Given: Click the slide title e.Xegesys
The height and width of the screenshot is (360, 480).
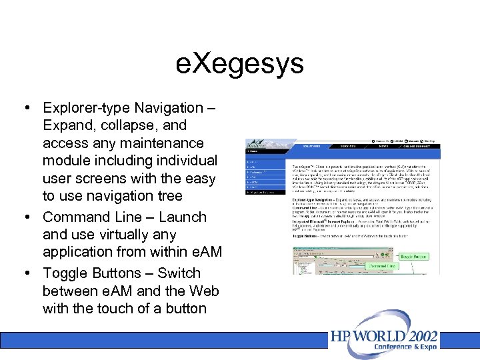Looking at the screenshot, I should point(240,64).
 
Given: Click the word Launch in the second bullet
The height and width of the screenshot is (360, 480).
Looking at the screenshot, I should point(182,217).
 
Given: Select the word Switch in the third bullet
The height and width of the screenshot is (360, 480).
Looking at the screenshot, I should point(179,273).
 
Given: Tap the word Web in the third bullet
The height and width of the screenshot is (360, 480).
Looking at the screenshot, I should point(204,291).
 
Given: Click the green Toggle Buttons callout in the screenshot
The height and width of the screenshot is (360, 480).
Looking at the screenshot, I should point(414,255).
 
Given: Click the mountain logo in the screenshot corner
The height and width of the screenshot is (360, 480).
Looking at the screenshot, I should point(256,144).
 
